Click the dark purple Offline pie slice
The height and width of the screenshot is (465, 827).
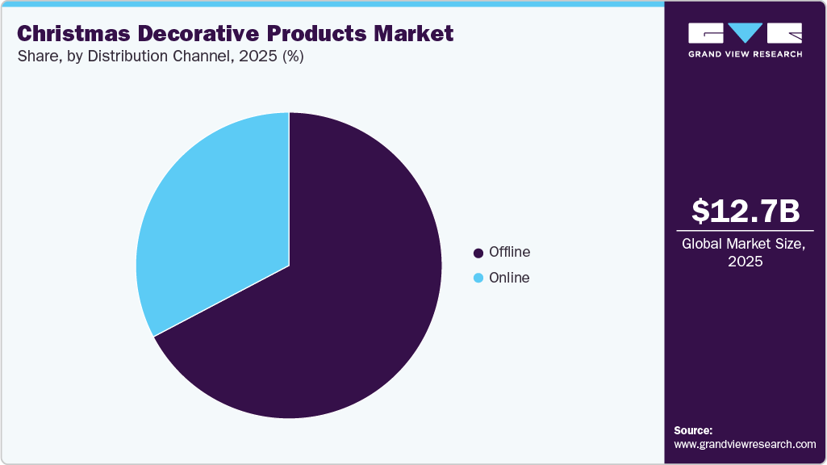coord(339,307)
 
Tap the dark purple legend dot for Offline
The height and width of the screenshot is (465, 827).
coord(478,253)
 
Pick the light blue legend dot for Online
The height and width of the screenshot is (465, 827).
coord(478,279)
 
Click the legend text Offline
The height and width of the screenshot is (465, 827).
coord(509,253)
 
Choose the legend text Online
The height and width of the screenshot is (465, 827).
coord(508,279)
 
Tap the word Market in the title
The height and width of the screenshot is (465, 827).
coord(415,34)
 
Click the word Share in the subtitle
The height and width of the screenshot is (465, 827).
coord(36,57)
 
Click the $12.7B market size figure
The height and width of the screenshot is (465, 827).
coord(746,212)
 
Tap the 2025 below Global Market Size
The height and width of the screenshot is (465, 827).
coord(746,262)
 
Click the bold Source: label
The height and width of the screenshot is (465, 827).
coord(693,430)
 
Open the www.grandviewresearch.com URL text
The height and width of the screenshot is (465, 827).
coord(745,444)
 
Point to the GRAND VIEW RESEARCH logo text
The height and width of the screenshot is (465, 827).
coord(746,54)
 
